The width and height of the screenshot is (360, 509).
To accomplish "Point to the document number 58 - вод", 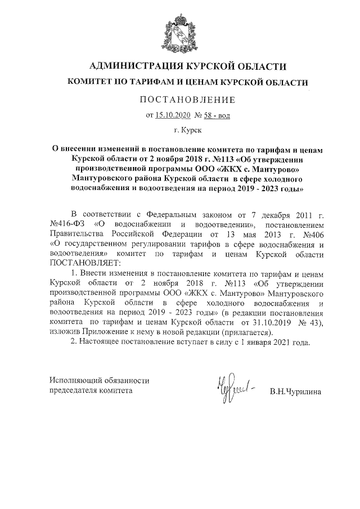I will point(218,116).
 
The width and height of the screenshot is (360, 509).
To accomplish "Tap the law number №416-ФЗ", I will point(66,224).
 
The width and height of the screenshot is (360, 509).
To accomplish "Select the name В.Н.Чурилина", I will point(295,390).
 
